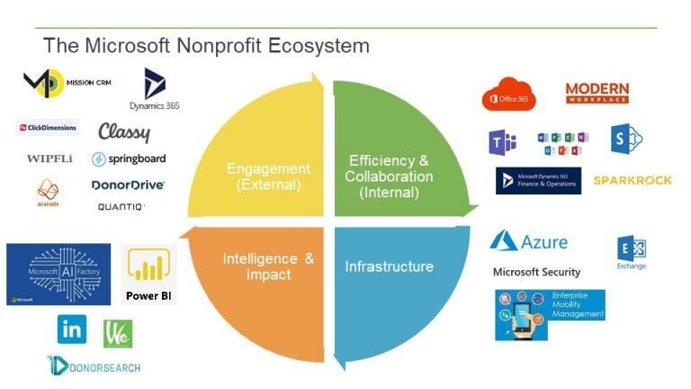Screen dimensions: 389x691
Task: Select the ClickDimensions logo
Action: tap(48, 128)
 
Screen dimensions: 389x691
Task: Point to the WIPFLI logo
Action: tap(50, 158)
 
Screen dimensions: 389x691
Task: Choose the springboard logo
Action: tap(130, 158)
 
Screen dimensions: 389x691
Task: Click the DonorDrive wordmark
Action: tap(128, 185)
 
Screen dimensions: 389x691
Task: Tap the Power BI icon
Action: tap(149, 274)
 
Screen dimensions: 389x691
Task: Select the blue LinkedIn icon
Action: tap(72, 330)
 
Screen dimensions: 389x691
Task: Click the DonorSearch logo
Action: tap(94, 365)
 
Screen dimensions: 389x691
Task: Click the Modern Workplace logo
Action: tap(597, 93)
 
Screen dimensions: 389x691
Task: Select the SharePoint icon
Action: tap(628, 139)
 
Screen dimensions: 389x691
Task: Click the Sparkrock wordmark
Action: tap(633, 180)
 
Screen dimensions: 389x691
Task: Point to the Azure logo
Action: tap(529, 241)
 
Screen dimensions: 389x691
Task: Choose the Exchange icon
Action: tap(632, 252)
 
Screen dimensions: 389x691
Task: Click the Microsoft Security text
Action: tap(536, 272)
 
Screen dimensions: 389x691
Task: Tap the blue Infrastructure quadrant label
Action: tap(389, 267)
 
